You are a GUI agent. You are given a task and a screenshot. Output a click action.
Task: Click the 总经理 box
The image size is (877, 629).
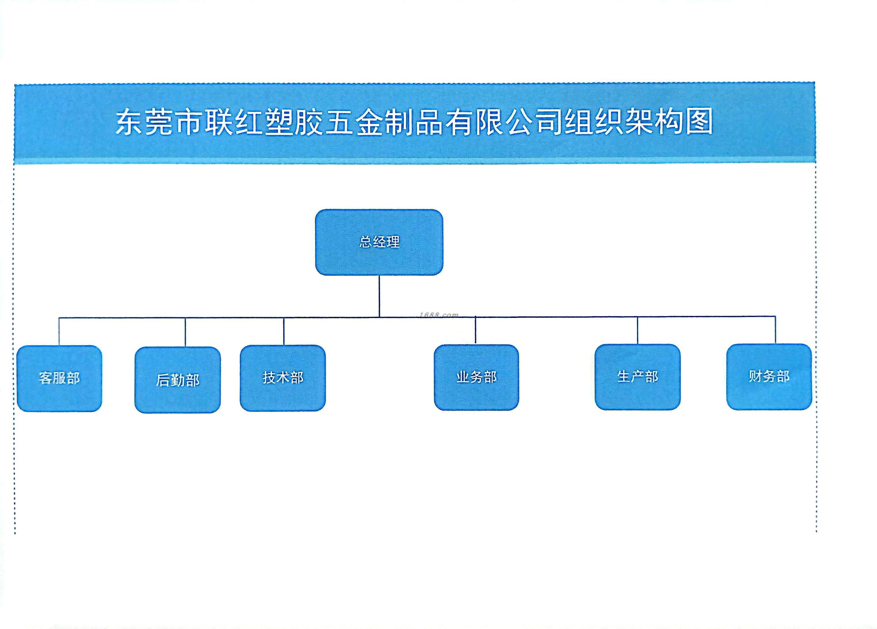[x=379, y=242]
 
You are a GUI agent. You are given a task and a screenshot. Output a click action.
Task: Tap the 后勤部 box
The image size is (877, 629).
[x=177, y=380]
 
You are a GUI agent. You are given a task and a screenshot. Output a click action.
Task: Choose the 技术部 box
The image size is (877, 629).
[x=283, y=378]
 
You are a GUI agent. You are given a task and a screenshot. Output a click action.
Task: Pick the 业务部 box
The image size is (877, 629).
[x=477, y=377]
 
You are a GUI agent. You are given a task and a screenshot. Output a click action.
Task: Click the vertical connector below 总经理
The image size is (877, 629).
[x=379, y=296]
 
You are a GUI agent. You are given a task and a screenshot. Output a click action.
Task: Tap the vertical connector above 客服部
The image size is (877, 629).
[x=59, y=331]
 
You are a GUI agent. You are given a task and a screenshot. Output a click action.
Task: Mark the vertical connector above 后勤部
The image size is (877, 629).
[x=185, y=332]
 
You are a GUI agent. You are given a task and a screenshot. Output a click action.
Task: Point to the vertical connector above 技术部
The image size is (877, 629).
[x=284, y=331]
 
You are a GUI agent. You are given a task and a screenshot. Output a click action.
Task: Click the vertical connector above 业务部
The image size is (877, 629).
[x=476, y=330]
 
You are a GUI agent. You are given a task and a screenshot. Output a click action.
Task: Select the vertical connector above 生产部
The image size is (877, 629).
[x=638, y=330]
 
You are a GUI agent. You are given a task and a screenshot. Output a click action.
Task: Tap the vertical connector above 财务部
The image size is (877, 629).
[x=775, y=330]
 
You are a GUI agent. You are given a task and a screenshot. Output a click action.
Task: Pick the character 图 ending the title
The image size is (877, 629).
[x=699, y=121]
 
